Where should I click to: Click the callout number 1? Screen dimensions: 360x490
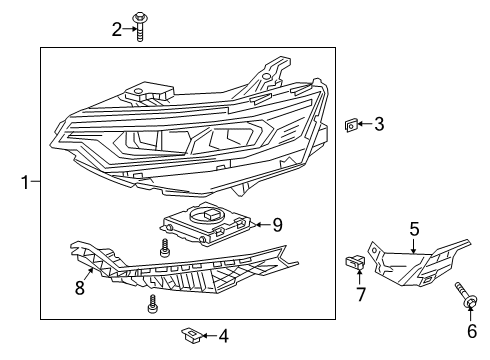click(24, 182)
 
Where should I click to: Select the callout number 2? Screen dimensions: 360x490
click(117, 29)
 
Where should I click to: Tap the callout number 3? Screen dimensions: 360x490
click(379, 124)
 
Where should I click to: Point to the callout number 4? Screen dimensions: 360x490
click(223, 336)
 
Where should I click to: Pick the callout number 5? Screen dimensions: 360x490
click(414, 229)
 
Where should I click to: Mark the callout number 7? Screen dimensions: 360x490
click(362, 296)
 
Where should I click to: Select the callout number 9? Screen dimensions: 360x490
click(278, 225)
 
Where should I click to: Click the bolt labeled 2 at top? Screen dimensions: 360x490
click(140, 30)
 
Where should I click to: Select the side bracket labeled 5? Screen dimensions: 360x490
click(415, 262)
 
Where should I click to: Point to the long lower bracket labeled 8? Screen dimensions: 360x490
click(180, 269)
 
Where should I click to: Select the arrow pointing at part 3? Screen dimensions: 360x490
click(367, 125)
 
